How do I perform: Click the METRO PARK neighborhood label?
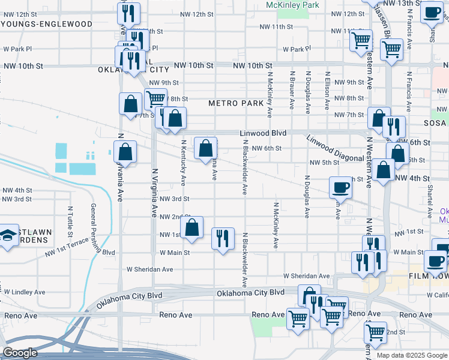pyautogui.click(x=236, y=103)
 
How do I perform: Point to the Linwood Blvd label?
pyautogui.click(x=263, y=133)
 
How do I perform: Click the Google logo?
pyautogui.click(x=20, y=353)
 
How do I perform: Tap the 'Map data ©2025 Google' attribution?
pyautogui.click(x=412, y=355)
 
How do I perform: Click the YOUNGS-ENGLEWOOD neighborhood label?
pyautogui.click(x=47, y=25)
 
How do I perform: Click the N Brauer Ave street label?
pyautogui.click(x=292, y=91)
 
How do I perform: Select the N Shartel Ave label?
pyautogui.click(x=430, y=201)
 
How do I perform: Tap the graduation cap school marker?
pyautogui.click(x=8, y=235)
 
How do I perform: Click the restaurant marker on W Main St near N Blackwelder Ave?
pyautogui.click(x=223, y=239)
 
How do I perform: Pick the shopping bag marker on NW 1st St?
pyautogui.click(x=191, y=228)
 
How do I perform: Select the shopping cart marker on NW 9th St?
pyautogui.click(x=155, y=98)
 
